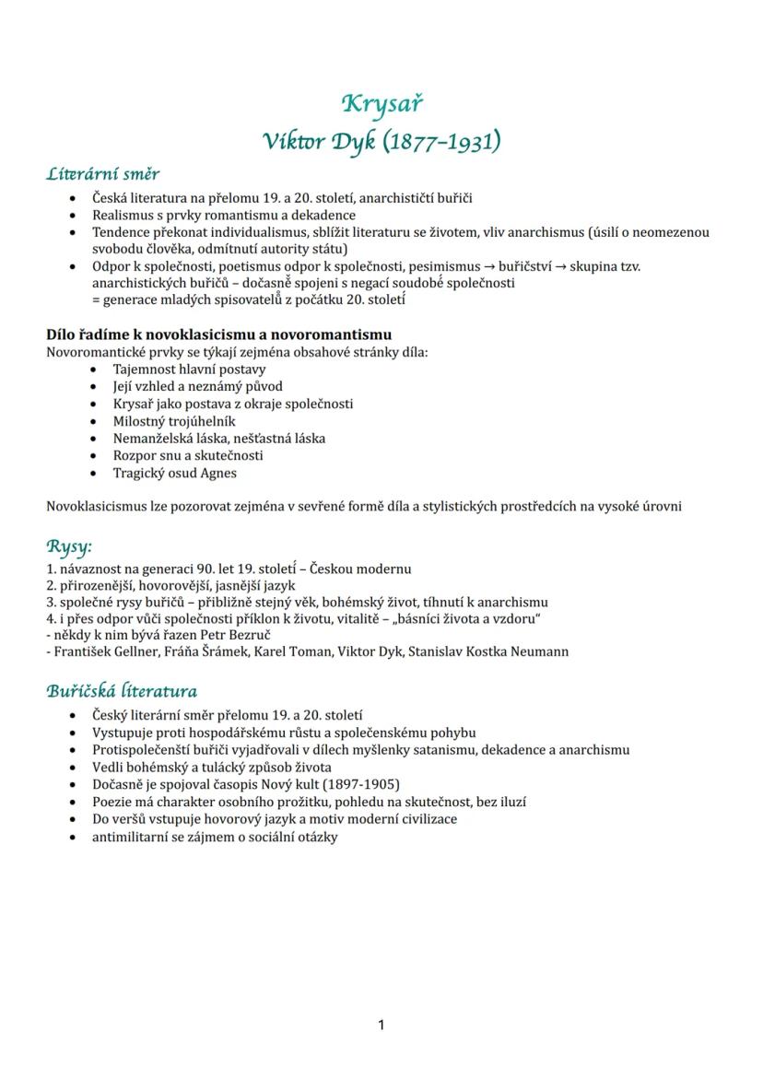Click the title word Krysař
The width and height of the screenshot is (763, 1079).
point(381,103)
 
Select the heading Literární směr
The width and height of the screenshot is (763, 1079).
point(103,173)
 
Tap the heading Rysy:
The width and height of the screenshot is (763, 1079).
point(69,546)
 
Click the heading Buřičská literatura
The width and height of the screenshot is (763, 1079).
point(122,691)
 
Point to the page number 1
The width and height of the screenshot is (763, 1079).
point(381,1025)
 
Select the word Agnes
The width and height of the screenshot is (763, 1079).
point(218,473)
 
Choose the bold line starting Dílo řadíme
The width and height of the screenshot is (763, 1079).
point(218,334)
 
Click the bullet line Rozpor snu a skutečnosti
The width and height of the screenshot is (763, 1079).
point(188,455)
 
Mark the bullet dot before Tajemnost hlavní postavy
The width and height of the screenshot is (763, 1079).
point(95,369)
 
